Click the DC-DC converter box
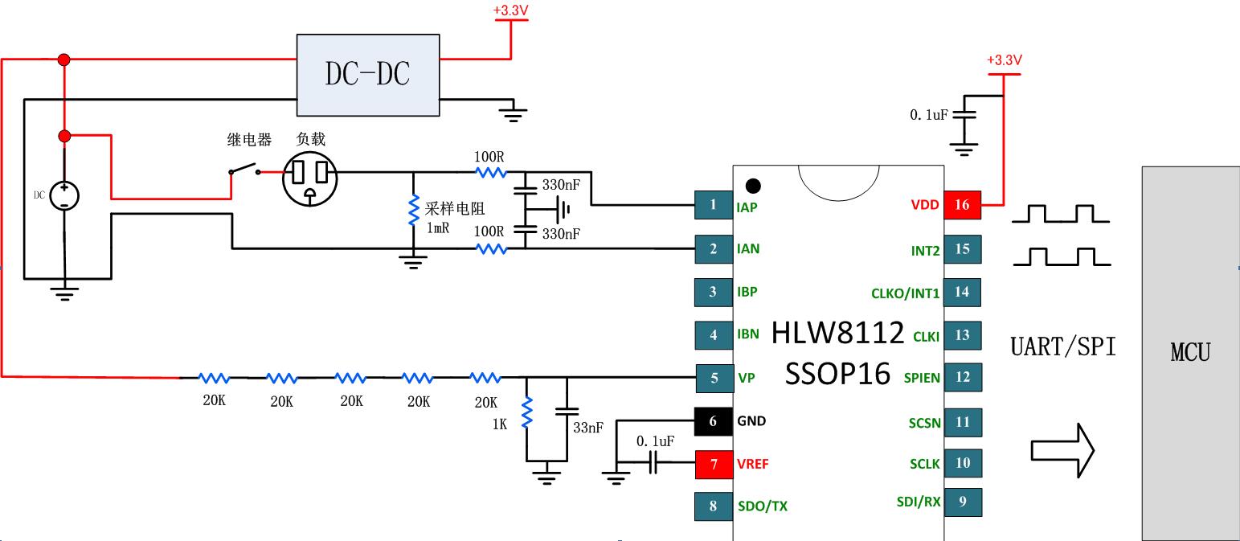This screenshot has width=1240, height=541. tap(368, 75)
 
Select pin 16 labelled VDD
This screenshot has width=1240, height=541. tap(962, 205)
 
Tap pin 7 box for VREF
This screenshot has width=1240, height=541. tap(714, 464)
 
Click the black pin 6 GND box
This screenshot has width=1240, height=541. tap(714, 420)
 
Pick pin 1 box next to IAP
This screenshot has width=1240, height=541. tap(714, 205)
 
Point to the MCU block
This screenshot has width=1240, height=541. tap(1190, 352)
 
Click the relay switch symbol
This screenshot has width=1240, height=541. tap(243, 171)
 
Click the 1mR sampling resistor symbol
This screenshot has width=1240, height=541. tap(414, 211)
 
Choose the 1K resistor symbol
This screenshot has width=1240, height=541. tap(527, 413)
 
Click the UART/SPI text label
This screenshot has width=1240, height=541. tap(1062, 346)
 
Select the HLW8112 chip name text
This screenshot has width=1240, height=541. tap(837, 332)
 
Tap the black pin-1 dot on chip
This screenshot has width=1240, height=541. tap(753, 186)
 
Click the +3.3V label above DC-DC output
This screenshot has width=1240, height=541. tap(510, 11)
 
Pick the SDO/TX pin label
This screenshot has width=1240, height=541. tap(762, 506)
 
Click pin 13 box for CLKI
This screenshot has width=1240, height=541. tap(962, 335)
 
